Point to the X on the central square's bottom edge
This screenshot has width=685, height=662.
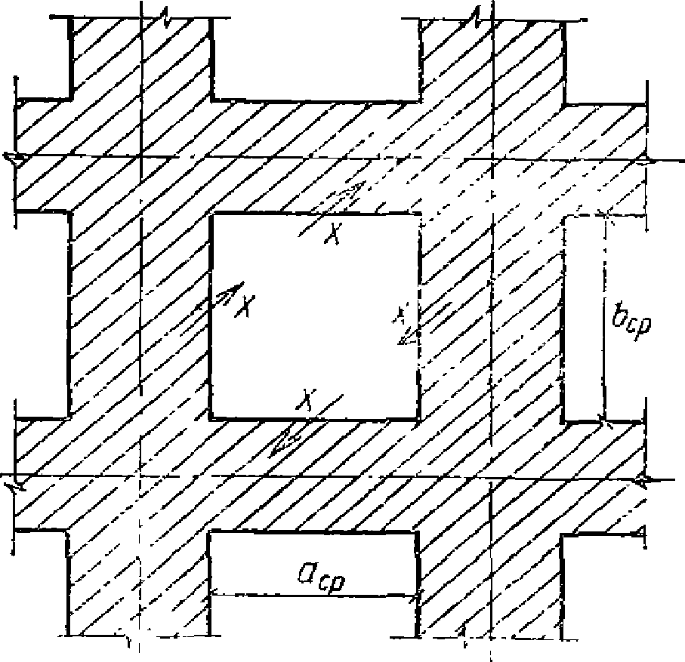(306, 399)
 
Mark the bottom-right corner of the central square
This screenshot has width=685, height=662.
(418, 417)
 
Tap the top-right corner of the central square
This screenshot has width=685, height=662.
(419, 216)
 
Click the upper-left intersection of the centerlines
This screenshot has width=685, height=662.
(141, 157)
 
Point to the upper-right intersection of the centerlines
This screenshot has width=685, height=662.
(492, 160)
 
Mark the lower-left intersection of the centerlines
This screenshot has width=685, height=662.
(138, 478)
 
